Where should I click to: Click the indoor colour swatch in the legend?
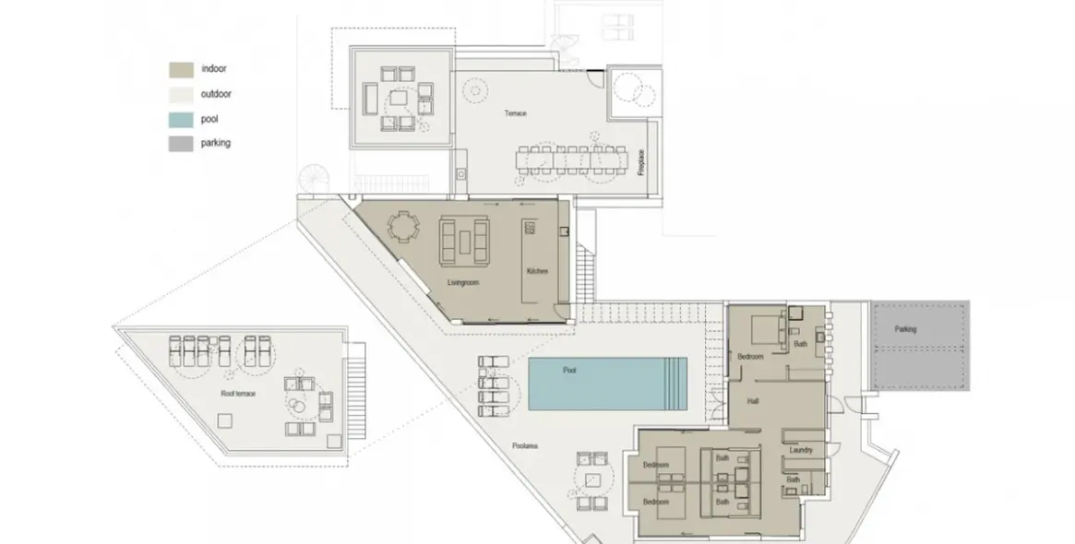pos(181,69)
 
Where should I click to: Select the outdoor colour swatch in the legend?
pos(181,94)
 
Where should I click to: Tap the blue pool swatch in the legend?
pos(181,119)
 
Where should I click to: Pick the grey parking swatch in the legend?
pos(181,144)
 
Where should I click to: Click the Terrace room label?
pos(515,113)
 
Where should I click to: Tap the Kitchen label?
pos(537,271)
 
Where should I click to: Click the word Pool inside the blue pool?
pos(569,370)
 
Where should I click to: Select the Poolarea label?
pos(525,445)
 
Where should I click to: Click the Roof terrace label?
pos(237,394)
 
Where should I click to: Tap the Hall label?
pos(752,402)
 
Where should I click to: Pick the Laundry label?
pos(800,450)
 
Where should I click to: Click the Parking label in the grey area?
pos(905,328)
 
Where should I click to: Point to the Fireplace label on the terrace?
pos(640,162)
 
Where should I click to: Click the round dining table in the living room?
pos(403,226)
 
